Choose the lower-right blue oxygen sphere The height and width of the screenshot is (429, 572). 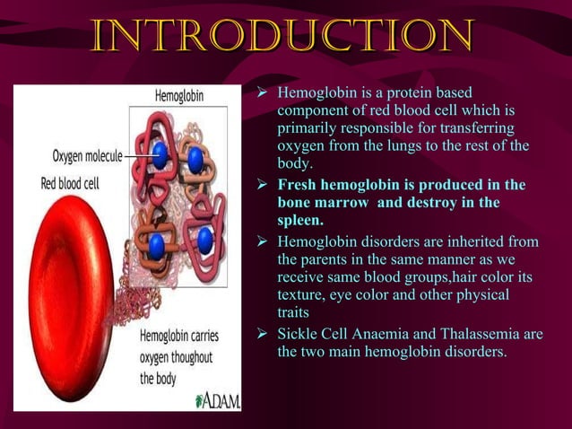(205, 240)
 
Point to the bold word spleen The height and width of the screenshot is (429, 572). (299, 220)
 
